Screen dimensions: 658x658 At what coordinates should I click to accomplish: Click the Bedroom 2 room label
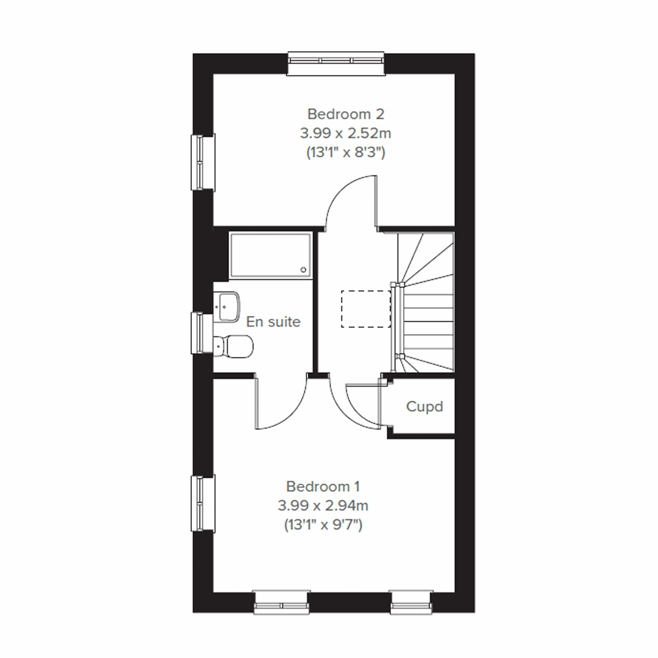(345, 114)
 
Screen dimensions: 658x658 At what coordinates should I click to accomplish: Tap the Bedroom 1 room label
(323, 486)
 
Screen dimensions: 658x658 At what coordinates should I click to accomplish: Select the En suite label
(273, 321)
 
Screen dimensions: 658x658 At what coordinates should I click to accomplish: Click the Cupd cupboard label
(424, 407)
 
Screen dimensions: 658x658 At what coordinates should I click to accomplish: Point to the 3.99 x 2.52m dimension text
(345, 133)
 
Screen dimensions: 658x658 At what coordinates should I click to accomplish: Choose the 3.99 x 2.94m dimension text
(323, 506)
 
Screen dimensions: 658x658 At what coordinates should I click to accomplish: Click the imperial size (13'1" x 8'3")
(345, 152)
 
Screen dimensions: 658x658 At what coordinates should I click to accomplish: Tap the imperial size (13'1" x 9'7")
(323, 525)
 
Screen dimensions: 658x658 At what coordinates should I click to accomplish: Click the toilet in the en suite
(235, 345)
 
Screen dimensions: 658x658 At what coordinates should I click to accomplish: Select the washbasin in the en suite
(228, 307)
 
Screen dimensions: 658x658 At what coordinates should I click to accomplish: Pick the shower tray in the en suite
(270, 256)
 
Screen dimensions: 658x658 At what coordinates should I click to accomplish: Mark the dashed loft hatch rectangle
(366, 309)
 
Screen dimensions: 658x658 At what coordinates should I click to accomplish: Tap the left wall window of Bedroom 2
(202, 163)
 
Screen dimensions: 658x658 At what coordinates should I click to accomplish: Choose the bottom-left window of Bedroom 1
(282, 602)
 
